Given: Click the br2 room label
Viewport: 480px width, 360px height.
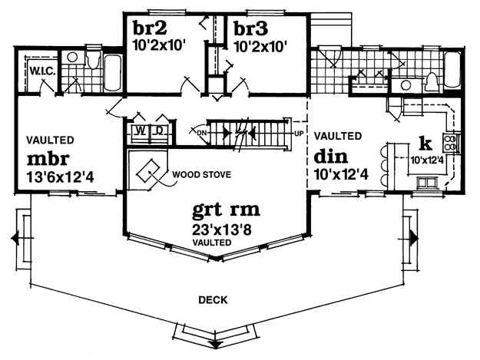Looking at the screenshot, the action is [150, 28].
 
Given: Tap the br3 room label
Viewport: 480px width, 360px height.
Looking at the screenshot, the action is [250, 28].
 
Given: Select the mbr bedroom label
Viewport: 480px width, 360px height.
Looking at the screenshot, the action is [48, 158].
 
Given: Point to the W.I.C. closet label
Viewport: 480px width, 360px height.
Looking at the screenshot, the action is [42, 72].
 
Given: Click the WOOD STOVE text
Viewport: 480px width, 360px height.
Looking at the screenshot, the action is [202, 175].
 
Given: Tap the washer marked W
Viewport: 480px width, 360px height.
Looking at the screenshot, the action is [141, 131].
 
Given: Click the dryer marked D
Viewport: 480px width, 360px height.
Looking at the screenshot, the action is [159, 131].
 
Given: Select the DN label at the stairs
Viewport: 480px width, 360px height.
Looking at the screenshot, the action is [201, 133].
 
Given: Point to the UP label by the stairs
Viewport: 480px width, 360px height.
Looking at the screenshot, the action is [299, 134].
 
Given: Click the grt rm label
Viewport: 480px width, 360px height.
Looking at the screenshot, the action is [226, 210].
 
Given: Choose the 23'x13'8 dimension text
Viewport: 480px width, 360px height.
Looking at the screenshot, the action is [222, 230].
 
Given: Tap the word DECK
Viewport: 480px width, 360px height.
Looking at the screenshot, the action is [213, 300].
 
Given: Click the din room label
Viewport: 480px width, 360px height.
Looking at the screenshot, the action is [331, 157].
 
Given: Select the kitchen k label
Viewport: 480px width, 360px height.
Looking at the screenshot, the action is [425, 144].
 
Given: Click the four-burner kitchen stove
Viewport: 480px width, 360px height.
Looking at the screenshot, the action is [450, 142].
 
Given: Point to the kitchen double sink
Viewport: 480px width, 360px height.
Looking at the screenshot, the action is [427, 183].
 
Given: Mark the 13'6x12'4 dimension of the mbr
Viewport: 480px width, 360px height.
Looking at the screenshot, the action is [61, 177].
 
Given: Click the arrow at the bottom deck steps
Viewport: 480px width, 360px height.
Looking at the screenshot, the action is [216, 344].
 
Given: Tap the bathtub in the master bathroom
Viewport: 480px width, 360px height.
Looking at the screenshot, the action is [112, 72].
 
